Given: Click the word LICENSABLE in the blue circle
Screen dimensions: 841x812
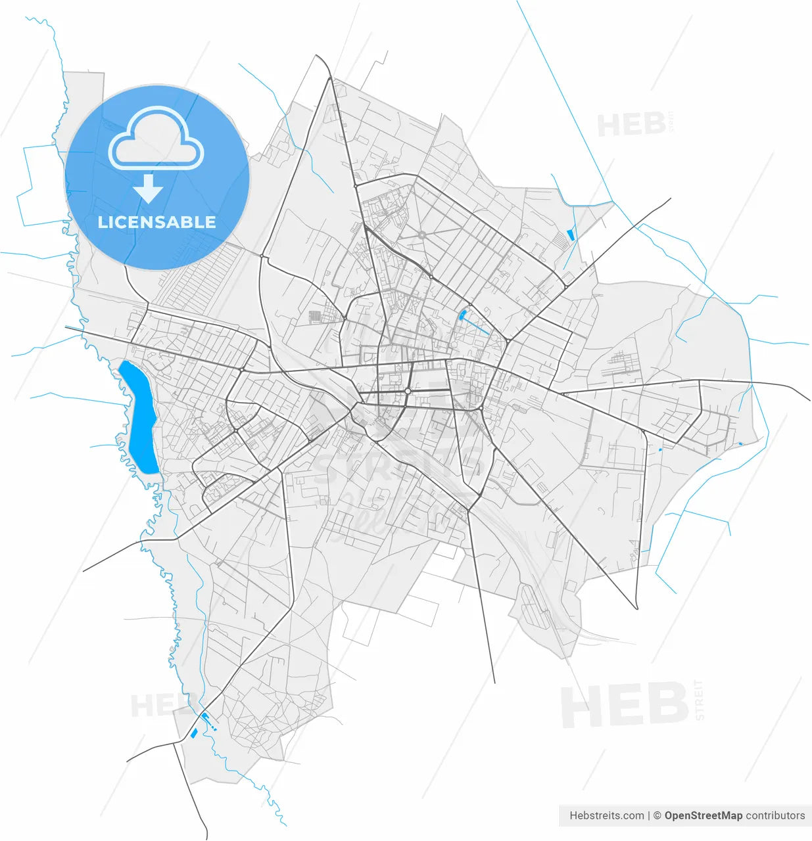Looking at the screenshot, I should tap(156, 222).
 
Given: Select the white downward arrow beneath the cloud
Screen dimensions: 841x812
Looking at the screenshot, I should tap(149, 189).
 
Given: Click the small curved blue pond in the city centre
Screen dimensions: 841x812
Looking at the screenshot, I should tap(464, 315).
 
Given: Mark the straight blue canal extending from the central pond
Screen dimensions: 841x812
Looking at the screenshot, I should tap(478, 328).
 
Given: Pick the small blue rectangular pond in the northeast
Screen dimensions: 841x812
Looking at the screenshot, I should tap(570, 234).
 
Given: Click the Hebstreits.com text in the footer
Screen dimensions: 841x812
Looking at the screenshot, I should tap(606, 815).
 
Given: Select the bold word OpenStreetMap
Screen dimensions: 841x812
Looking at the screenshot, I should tap(703, 815).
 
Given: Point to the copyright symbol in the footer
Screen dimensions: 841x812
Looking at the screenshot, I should tap(656, 815).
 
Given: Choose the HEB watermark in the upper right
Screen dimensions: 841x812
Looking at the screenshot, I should tap(631, 125).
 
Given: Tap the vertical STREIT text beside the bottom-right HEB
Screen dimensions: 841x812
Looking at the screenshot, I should tap(699, 700).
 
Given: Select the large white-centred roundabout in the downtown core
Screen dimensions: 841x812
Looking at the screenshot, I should tap(408, 391).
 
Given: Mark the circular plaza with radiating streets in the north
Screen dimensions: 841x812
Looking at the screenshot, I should tap(421, 235).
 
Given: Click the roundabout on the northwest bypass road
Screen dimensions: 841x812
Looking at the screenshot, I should tap(262, 256).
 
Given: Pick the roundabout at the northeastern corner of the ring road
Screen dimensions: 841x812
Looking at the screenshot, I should tap(565, 287).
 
